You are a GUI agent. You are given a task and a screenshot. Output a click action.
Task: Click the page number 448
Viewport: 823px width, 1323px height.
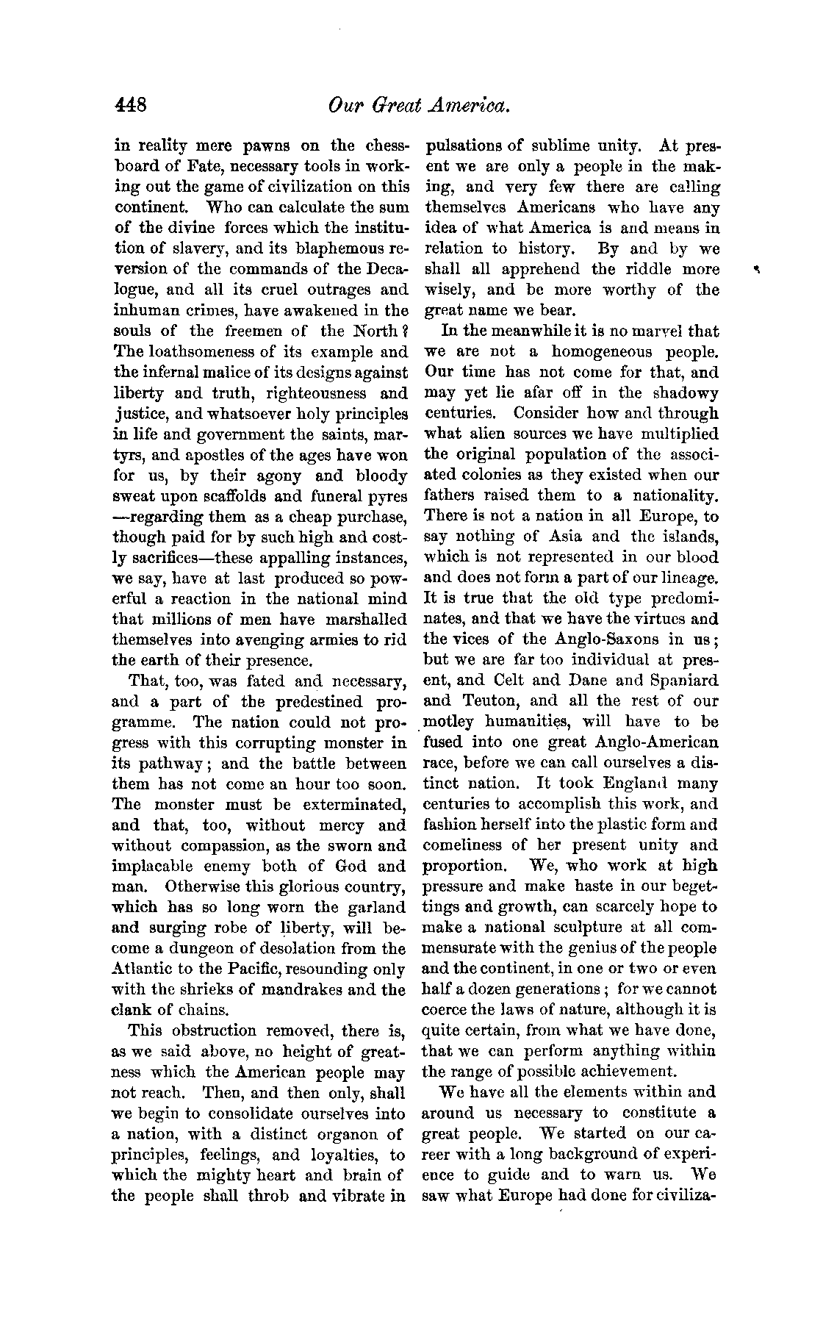pyautogui.click(x=132, y=105)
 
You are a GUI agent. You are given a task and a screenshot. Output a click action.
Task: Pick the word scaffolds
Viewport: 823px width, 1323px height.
pyautogui.click(x=282, y=497)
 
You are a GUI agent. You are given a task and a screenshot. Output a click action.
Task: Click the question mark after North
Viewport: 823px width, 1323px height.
pyautogui.click(x=401, y=331)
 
